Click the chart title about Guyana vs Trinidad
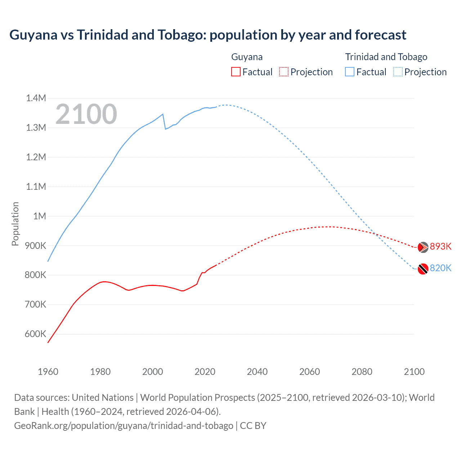tap(208, 35)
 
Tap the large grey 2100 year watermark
tap(86, 114)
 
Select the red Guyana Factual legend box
tap(236, 72)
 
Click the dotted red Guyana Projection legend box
tap(284, 72)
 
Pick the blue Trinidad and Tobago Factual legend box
tap(350, 72)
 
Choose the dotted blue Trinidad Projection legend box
tap(398, 72)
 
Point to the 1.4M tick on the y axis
tap(36, 98)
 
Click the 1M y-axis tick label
tap(40, 216)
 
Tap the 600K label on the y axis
tap(36, 334)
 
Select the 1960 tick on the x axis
tap(48, 372)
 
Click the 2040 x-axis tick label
tap(257, 372)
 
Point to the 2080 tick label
tap(362, 372)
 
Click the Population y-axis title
tap(15, 224)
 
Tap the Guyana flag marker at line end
tap(423, 247)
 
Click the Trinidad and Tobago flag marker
tap(423, 269)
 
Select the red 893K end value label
tap(440, 246)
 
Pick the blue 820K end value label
tap(440, 268)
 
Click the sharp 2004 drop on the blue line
tap(164, 121)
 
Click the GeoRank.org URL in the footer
tap(124, 426)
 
